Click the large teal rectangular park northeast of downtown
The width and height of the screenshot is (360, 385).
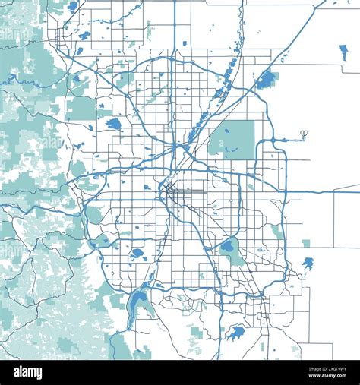pyautogui.click(x=232, y=139)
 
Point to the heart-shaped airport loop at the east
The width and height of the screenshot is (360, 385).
pyautogui.click(x=304, y=134)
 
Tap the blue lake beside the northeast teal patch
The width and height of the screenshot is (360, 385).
pyautogui.click(x=266, y=79)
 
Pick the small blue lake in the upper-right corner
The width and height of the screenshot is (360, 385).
pyautogui.click(x=343, y=52)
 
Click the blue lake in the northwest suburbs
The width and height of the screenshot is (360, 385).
pyautogui.click(x=114, y=123)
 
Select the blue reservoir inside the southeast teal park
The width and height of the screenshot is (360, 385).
pyautogui.click(x=227, y=246)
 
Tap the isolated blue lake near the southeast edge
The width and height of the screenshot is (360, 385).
pyautogui.click(x=308, y=263)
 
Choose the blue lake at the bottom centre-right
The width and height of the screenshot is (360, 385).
pyautogui.click(x=238, y=332)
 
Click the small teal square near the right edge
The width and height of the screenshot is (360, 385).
pyautogui.click(x=306, y=243)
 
